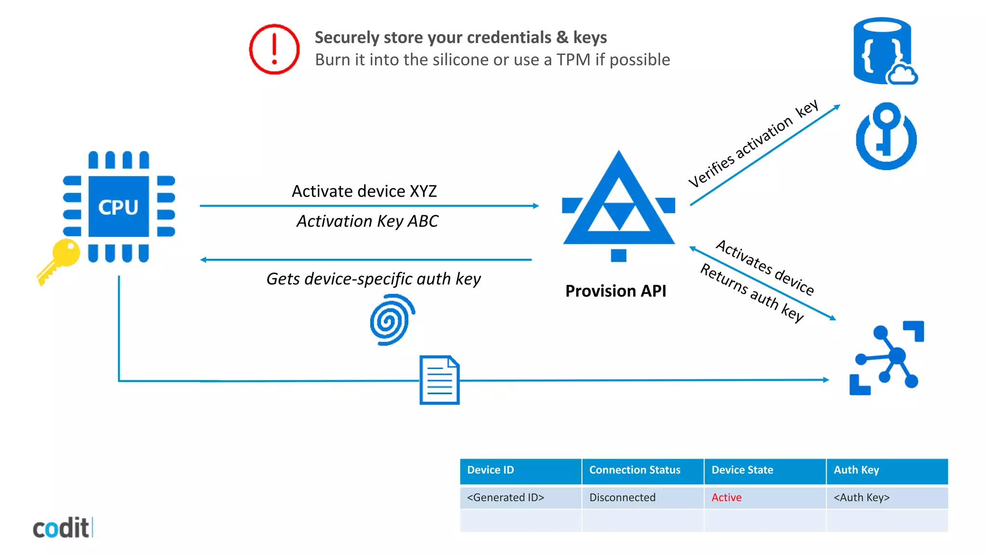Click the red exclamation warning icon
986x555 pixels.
pyautogui.click(x=274, y=49)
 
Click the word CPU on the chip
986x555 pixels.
pyautogui.click(x=118, y=207)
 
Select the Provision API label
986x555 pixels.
pyautogui.click(x=616, y=291)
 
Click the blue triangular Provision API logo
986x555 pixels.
pyautogui.click(x=619, y=207)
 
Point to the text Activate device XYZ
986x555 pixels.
pyautogui.click(x=364, y=191)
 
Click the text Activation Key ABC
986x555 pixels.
pyautogui.click(x=367, y=221)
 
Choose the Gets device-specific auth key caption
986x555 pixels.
pyautogui.click(x=373, y=279)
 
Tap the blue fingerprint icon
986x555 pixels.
pyautogui.click(x=392, y=320)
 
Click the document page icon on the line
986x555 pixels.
pyautogui.click(x=439, y=380)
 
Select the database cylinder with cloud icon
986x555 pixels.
pyautogui.click(x=884, y=51)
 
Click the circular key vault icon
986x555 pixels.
pyautogui.click(x=886, y=136)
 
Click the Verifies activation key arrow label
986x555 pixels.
pyautogui.click(x=753, y=144)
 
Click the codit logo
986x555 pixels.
pyautogui.click(x=62, y=528)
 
